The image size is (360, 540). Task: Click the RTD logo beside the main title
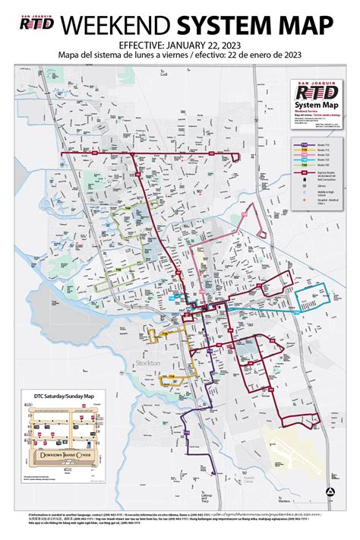tap(37, 27)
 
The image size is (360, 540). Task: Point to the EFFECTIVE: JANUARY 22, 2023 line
tap(180, 45)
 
